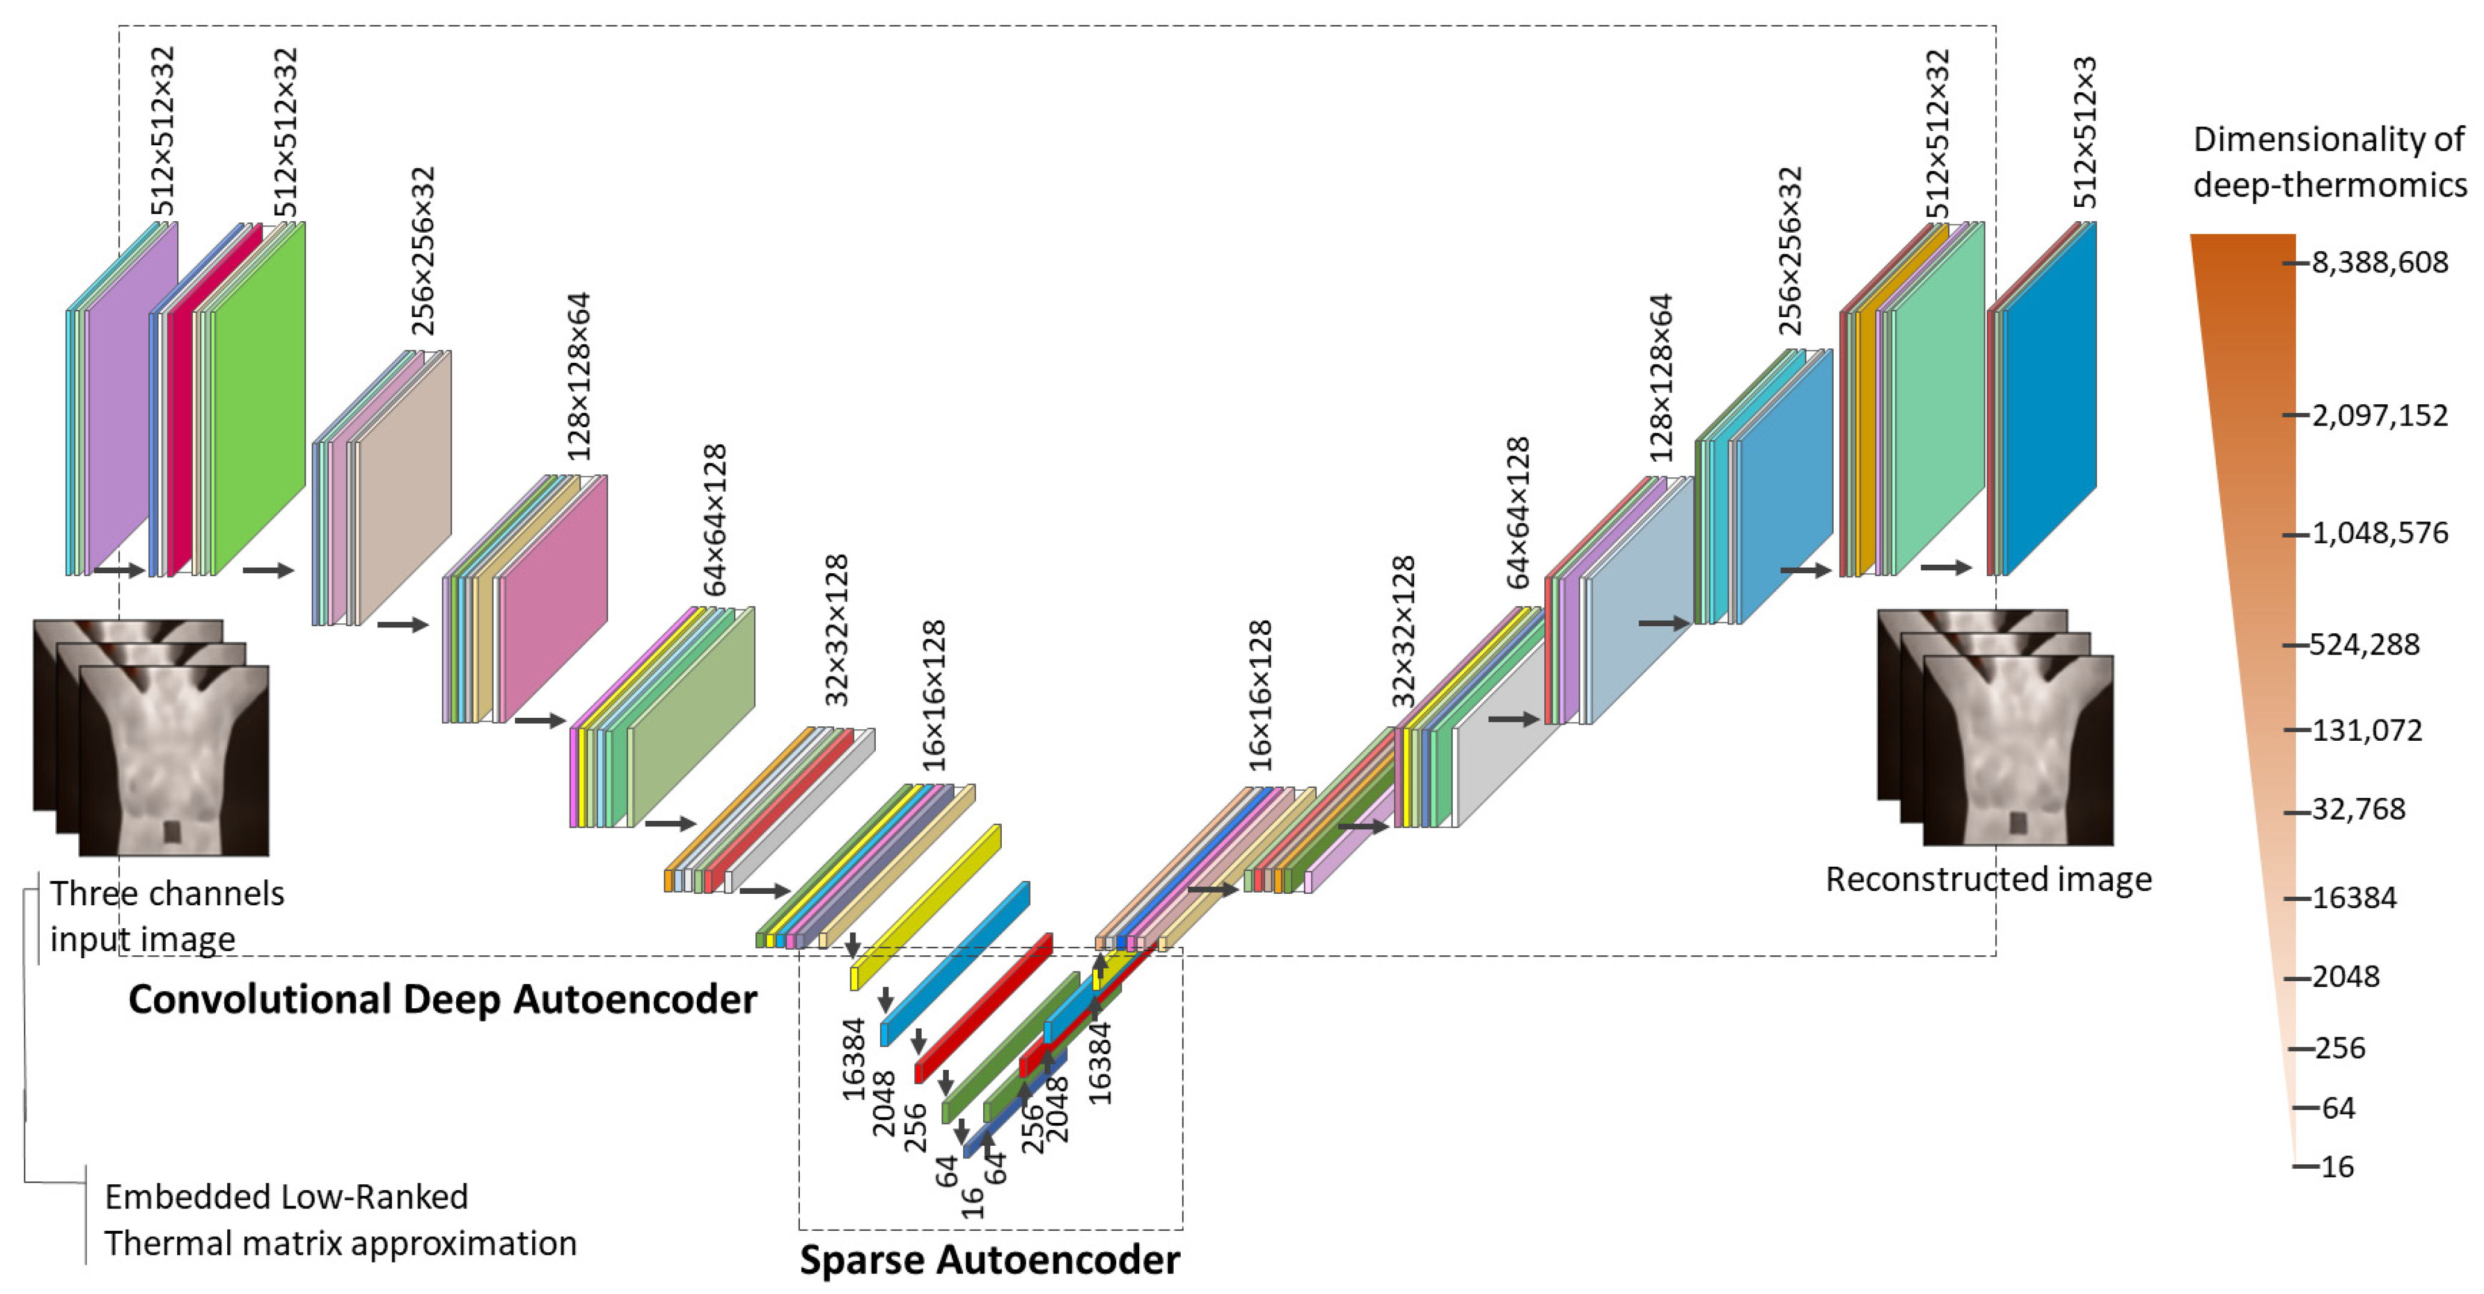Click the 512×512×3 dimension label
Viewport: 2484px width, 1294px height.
tap(2084, 132)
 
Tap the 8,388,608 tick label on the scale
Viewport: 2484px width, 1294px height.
tap(2379, 262)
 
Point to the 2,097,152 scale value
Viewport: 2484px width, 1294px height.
tap(2379, 416)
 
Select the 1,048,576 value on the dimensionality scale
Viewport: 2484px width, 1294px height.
tap(2379, 533)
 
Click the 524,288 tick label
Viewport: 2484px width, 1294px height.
tap(2365, 644)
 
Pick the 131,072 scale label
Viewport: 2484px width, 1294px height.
tap(2366, 730)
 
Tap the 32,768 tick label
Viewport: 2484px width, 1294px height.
tap(2359, 809)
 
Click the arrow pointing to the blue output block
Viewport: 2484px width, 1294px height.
tap(1945, 567)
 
